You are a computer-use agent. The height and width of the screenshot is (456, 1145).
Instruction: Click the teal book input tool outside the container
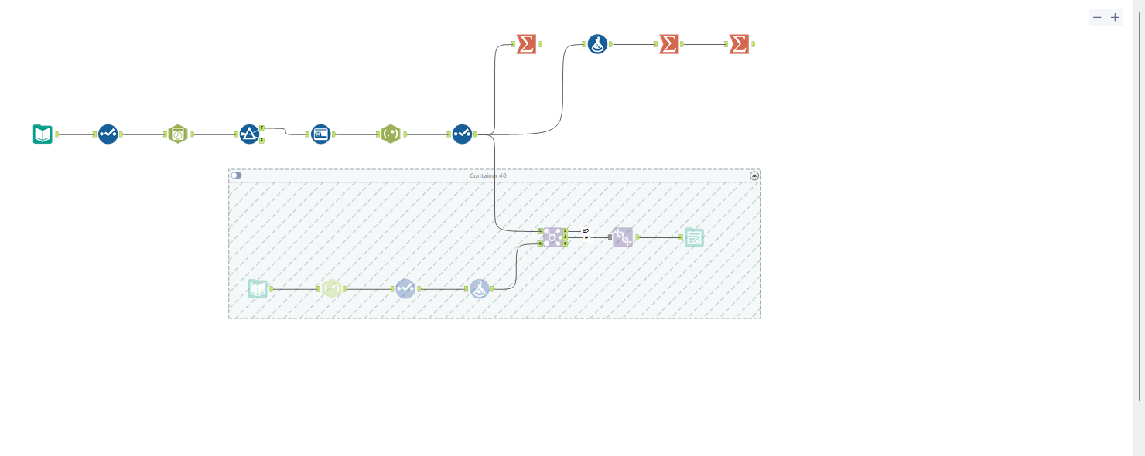click(43, 134)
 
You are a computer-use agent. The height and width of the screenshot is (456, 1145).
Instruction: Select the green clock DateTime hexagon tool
click(178, 134)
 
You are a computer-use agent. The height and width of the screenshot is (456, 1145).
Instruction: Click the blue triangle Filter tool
click(249, 134)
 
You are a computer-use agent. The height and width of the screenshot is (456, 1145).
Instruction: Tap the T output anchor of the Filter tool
click(262, 128)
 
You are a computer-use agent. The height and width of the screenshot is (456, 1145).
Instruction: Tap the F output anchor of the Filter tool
click(262, 141)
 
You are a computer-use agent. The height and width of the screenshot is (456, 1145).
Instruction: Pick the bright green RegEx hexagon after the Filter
click(391, 134)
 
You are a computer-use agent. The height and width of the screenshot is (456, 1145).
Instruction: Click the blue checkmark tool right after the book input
click(108, 134)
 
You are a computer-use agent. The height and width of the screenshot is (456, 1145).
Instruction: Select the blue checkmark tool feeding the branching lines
click(462, 134)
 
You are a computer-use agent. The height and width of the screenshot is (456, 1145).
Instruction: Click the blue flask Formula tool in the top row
click(597, 44)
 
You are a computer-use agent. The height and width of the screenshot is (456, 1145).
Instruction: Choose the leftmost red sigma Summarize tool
click(526, 44)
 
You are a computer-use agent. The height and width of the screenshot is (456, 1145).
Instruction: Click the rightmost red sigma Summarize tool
click(740, 44)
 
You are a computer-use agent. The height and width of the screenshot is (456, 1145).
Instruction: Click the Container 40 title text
click(488, 175)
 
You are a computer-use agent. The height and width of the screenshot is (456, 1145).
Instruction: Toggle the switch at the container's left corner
click(236, 175)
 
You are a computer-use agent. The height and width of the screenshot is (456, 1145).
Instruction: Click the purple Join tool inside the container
click(552, 237)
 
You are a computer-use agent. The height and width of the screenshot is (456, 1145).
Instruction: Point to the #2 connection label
click(586, 231)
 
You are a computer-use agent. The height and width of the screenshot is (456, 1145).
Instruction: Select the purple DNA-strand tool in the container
click(623, 237)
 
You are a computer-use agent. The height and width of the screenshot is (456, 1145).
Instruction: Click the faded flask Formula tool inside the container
click(480, 289)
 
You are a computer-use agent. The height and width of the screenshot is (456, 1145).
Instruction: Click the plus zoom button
click(1115, 17)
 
